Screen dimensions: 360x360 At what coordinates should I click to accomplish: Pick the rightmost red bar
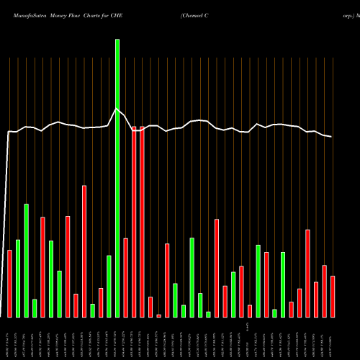333,296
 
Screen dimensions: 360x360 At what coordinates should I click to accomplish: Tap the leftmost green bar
18,278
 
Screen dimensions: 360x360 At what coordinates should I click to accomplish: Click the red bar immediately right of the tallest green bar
125,277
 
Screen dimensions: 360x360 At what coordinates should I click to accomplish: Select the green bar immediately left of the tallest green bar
109,286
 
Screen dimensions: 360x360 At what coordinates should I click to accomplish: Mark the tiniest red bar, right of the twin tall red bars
158,315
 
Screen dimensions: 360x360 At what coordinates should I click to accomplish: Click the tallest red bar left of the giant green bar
84,251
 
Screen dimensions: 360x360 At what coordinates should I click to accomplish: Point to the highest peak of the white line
117,109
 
